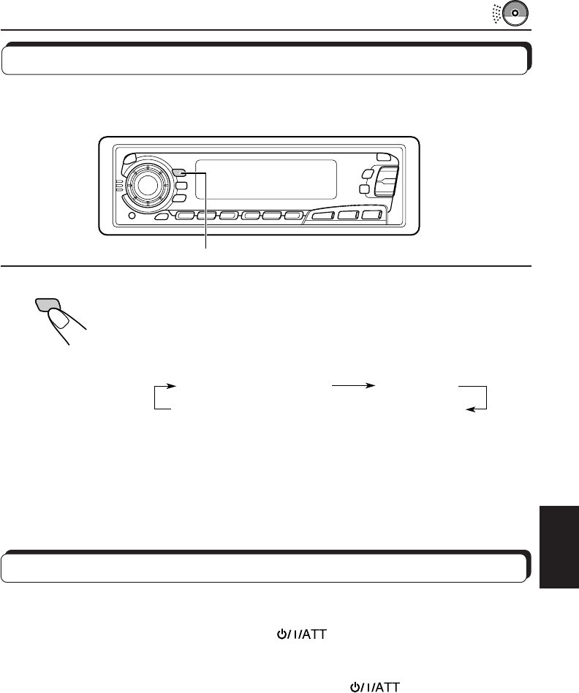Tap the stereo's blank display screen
click(x=265, y=179)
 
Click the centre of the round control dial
click(x=147, y=185)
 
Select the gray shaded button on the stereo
click(x=180, y=173)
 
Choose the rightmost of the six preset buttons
click(x=294, y=216)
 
